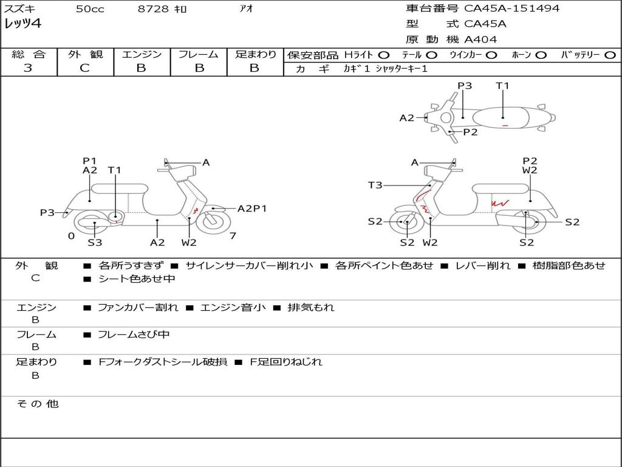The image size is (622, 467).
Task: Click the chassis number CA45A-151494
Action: pyautogui.click(x=511, y=9)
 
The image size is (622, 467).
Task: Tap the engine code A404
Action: pyautogui.click(x=480, y=40)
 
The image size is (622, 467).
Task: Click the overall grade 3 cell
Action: pyautogui.click(x=28, y=68)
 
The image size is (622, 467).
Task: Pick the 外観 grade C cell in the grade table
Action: pyautogui.click(x=85, y=68)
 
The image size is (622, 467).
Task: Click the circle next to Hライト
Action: pyautogui.click(x=384, y=55)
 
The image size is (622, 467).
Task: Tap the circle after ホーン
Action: pyautogui.click(x=541, y=55)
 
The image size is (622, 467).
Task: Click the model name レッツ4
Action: pyautogui.click(x=22, y=24)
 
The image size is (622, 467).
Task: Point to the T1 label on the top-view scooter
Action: pyautogui.click(x=502, y=86)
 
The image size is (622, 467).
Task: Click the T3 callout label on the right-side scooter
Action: pyautogui.click(x=375, y=185)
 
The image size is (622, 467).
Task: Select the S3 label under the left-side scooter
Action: pyautogui.click(x=95, y=243)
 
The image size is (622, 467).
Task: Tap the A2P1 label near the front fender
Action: pyautogui.click(x=252, y=209)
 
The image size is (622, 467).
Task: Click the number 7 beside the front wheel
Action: pyautogui.click(x=233, y=236)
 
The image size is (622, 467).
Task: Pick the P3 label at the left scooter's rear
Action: pyautogui.click(x=47, y=212)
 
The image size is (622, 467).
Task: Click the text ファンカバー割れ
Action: pyautogui.click(x=138, y=308)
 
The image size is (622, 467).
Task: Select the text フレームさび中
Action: pyautogui.click(x=134, y=334)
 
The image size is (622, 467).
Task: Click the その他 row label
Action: pyautogui.click(x=37, y=403)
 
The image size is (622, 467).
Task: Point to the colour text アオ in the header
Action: pyautogui.click(x=245, y=9)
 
